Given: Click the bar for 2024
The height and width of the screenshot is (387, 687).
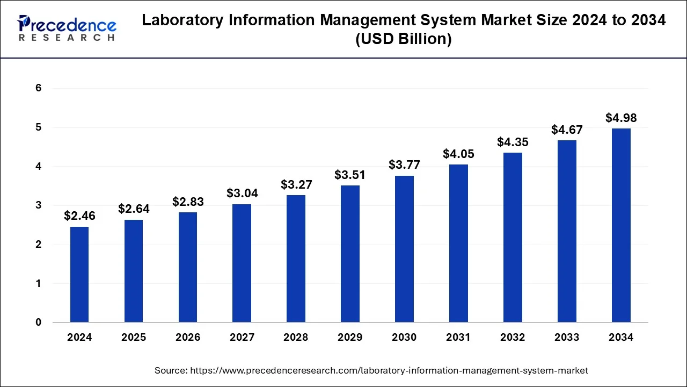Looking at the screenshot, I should click(79, 274).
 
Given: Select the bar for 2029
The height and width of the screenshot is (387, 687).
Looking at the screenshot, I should click(350, 254).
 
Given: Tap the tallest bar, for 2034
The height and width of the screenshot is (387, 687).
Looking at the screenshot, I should click(621, 225).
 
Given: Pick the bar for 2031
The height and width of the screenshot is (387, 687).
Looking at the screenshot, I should click(458, 243).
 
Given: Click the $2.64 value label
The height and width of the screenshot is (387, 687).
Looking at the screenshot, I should click(134, 209).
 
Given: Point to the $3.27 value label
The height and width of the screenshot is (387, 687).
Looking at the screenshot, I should click(296, 184).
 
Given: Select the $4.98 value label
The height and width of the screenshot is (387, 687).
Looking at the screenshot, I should click(621, 118).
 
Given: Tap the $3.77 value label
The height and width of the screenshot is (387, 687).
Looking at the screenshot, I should click(404, 164).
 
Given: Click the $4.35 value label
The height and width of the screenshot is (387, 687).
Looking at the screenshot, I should click(513, 142).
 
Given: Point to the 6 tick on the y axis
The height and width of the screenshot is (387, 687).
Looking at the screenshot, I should click(38, 88).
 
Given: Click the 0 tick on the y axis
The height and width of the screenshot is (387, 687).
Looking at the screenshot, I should click(38, 322).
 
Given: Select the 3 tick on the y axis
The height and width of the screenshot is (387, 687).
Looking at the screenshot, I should click(38, 205).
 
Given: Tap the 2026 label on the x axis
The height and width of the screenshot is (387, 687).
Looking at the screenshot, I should click(188, 338).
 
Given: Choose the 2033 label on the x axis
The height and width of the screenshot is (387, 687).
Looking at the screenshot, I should click(567, 338).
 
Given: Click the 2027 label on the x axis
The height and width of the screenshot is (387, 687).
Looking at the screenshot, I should click(242, 338).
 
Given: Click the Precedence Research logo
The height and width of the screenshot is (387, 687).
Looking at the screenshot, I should click(67, 28).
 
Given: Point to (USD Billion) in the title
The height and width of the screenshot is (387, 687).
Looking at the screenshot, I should click(404, 39).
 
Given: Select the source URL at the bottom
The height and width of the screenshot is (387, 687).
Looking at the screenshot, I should click(389, 370).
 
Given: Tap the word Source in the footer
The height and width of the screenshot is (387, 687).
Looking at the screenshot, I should click(170, 370).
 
